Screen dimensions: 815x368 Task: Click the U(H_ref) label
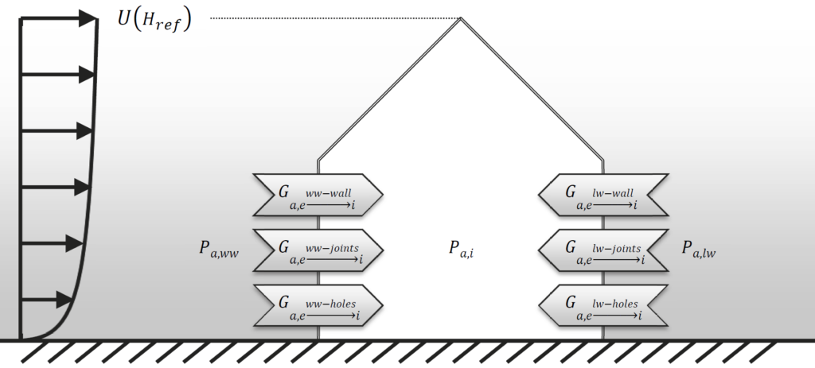(x=154, y=20)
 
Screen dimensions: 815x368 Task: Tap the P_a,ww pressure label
(x=219, y=249)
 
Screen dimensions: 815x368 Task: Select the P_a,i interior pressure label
(x=461, y=249)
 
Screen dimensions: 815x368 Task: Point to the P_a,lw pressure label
(x=699, y=249)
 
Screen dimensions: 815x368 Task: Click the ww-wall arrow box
(x=318, y=195)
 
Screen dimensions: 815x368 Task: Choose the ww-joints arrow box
(x=318, y=250)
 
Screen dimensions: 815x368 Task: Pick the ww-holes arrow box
(x=318, y=306)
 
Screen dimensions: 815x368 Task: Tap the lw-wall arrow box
(x=603, y=195)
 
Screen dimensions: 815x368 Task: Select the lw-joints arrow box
(x=603, y=250)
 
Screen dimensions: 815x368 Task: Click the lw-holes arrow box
(x=603, y=306)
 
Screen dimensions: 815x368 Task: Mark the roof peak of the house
(x=460, y=19)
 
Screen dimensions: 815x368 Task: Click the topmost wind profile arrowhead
(x=88, y=18)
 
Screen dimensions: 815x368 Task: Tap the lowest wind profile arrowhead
(x=64, y=300)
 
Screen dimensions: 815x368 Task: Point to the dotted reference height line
(x=335, y=18)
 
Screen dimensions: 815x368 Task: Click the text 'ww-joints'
(x=332, y=248)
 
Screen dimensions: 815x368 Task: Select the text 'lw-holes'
(x=615, y=304)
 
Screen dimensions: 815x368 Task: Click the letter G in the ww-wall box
(x=284, y=192)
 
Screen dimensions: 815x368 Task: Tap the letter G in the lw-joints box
(x=570, y=247)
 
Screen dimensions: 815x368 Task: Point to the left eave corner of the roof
(x=318, y=160)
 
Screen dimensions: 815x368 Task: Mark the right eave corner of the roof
(x=603, y=160)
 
